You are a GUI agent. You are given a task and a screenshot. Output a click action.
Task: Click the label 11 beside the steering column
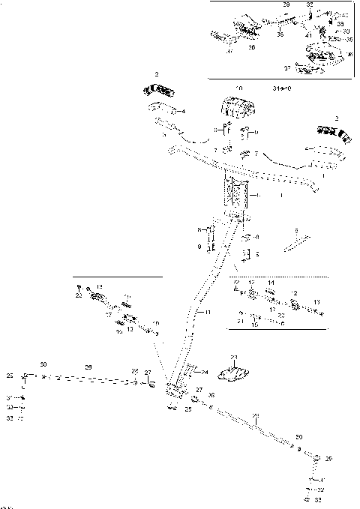pyautogui.click(x=208, y=311)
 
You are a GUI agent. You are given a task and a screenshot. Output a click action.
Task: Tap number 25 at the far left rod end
pyautogui.click(x=10, y=374)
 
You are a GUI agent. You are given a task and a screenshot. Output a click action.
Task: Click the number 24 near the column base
pyautogui.click(x=205, y=372)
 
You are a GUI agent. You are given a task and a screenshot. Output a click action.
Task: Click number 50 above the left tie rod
pyautogui.click(x=43, y=364)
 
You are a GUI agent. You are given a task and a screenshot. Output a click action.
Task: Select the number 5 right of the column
pyautogui.click(x=257, y=254)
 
